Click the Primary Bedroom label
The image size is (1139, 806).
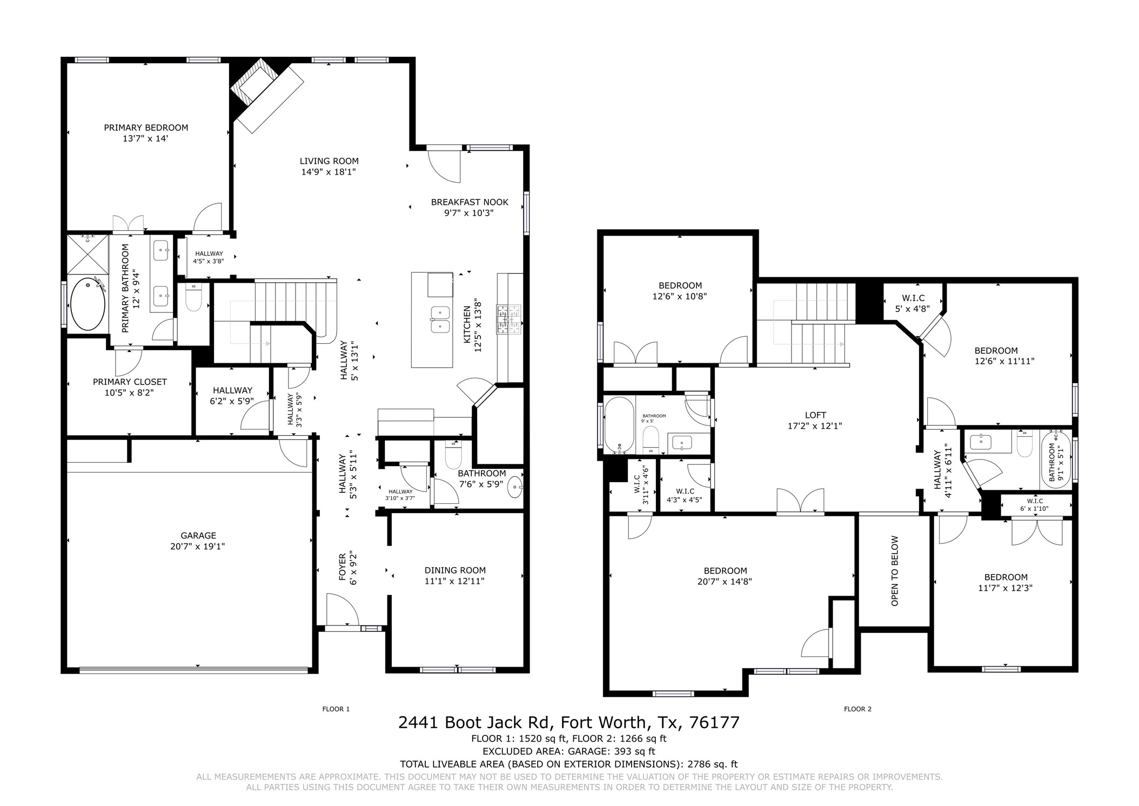(146, 128)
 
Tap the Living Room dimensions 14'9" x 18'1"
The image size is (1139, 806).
(329, 172)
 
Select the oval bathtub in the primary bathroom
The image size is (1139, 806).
(88, 304)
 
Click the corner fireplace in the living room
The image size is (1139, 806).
(267, 95)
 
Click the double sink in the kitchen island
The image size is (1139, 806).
(440, 319)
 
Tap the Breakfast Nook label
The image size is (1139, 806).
(470, 202)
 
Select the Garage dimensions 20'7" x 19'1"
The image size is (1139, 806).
(198, 547)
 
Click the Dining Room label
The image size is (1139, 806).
(455, 570)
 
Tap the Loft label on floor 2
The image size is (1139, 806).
(815, 415)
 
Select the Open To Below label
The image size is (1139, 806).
(894, 571)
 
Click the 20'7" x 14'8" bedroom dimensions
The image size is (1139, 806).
(725, 582)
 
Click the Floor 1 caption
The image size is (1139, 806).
(336, 709)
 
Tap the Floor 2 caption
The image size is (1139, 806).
(858, 709)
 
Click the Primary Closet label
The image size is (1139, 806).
(130, 382)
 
